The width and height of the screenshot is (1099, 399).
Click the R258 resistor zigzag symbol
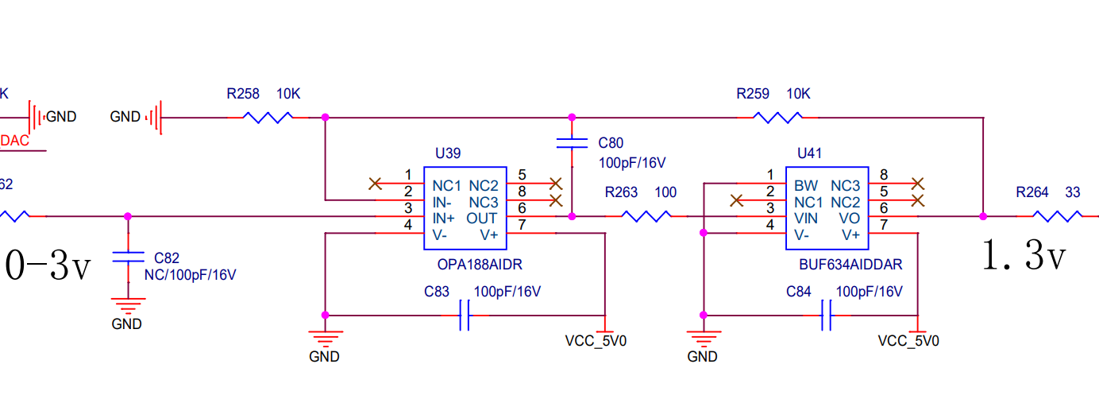pos(268,118)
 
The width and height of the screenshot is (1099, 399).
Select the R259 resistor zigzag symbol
pos(777,118)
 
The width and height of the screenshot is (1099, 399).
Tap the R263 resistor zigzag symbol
pos(646,216)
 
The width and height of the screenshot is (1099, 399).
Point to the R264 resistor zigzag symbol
pos(1057,216)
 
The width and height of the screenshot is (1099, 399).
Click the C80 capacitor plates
pos(572,143)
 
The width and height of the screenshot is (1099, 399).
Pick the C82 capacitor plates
pos(128,257)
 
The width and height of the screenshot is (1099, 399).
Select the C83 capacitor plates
pos(464,316)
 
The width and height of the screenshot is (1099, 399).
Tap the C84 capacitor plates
pos(826,316)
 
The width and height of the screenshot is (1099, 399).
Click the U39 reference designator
pos(448,153)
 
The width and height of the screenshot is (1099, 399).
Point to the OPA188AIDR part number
pos(480,265)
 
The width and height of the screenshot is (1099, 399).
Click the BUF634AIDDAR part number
pos(850,265)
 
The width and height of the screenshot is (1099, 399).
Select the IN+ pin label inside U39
pos(443,218)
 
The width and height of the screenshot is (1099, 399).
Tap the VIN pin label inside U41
pos(806,218)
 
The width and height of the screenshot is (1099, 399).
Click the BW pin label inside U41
pos(806,186)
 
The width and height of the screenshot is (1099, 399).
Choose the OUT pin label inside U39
pos(481,218)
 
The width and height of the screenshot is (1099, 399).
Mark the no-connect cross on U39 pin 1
pos(376,184)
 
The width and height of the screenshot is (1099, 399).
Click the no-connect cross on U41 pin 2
pos(736,200)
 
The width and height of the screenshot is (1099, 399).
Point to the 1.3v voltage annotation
pos(1024,255)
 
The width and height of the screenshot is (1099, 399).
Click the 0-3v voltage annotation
pos(48,265)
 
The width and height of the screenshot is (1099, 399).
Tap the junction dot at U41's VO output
pos(983,217)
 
